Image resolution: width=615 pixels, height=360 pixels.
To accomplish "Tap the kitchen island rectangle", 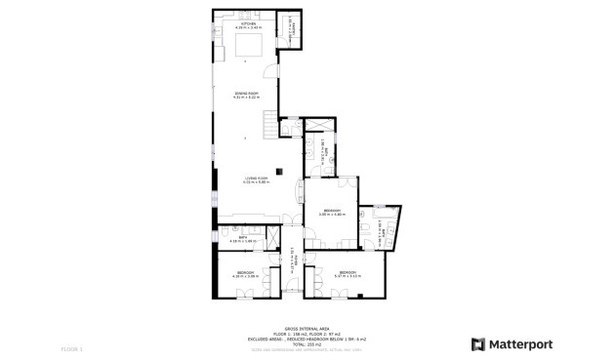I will click(x=249, y=46).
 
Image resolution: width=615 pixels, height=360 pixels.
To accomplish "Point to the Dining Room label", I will click(x=245, y=96).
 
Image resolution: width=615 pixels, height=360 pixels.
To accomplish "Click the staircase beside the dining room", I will click(x=270, y=124).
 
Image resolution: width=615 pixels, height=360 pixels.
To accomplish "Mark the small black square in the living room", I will click(x=278, y=172).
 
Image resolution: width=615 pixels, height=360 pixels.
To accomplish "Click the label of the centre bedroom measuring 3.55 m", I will click(x=333, y=213).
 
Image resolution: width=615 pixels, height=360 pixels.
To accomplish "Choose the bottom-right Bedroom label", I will click(x=348, y=274).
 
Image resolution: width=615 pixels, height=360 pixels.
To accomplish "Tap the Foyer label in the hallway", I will click(x=293, y=257).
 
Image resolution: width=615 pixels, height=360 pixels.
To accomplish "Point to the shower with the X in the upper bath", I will click(x=317, y=126).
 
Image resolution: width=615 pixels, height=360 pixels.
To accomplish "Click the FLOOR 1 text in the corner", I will click(x=72, y=348).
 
